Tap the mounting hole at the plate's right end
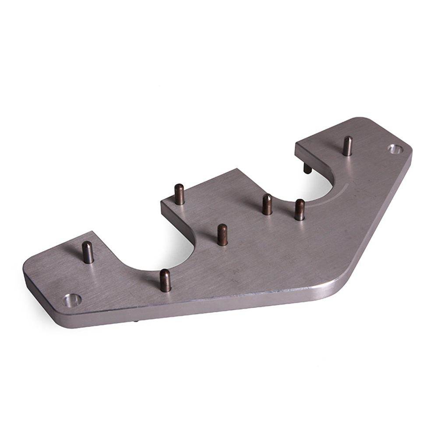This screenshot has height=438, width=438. (396, 149)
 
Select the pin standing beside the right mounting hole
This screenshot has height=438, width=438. (347, 146)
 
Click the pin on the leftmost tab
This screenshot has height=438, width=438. (88, 252)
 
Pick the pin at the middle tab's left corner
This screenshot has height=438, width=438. (179, 194)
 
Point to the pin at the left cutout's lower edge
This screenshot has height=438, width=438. (165, 280)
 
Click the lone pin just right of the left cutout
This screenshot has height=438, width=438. (223, 234)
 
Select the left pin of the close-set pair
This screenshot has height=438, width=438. (267, 205)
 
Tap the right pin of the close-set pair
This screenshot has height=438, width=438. (300, 210)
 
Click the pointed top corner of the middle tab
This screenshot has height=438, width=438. (237, 169)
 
